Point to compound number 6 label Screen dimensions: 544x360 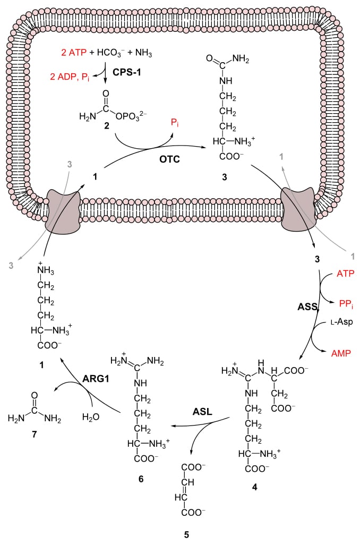(x=141, y=479)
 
